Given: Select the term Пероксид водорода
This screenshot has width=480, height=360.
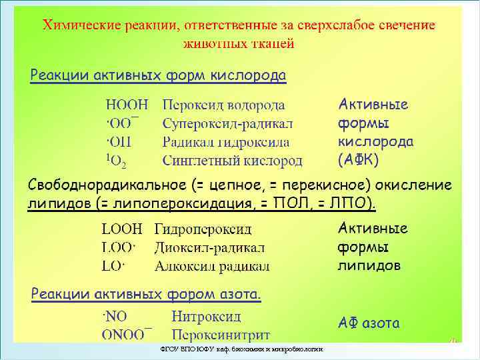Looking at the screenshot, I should (223, 105).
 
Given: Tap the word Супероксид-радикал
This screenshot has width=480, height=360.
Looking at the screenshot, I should (227, 123).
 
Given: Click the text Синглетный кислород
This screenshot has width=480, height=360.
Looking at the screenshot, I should (232, 161).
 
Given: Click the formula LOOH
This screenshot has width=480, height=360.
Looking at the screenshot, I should (122, 229).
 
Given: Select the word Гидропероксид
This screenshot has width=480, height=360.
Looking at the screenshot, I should (203, 229).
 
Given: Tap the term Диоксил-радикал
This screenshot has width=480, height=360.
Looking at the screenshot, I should (209, 248).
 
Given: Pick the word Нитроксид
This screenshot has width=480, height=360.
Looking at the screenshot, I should (206, 316).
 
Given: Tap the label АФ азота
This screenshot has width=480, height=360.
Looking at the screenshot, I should (369, 323).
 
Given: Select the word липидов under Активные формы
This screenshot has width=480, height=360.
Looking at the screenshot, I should (369, 265).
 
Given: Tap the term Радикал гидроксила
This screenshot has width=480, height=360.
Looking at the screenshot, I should (226, 142).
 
